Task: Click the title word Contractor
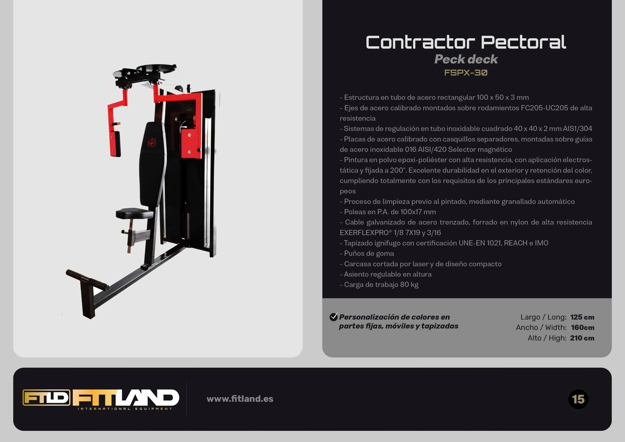click(420, 42)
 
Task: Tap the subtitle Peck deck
click(466, 59)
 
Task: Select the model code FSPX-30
click(466, 73)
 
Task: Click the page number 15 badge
click(578, 399)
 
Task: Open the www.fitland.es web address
click(240, 399)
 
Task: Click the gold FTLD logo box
click(46, 397)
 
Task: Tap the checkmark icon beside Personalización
click(334, 317)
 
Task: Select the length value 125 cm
click(582, 317)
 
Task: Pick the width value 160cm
click(582, 327)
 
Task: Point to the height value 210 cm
click(582, 338)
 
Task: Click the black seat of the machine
click(134, 214)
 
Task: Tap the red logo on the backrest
click(152, 143)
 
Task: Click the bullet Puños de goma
click(367, 253)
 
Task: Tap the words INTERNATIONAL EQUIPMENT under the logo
click(125, 409)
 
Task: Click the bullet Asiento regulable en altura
click(386, 274)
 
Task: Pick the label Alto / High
click(547, 338)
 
